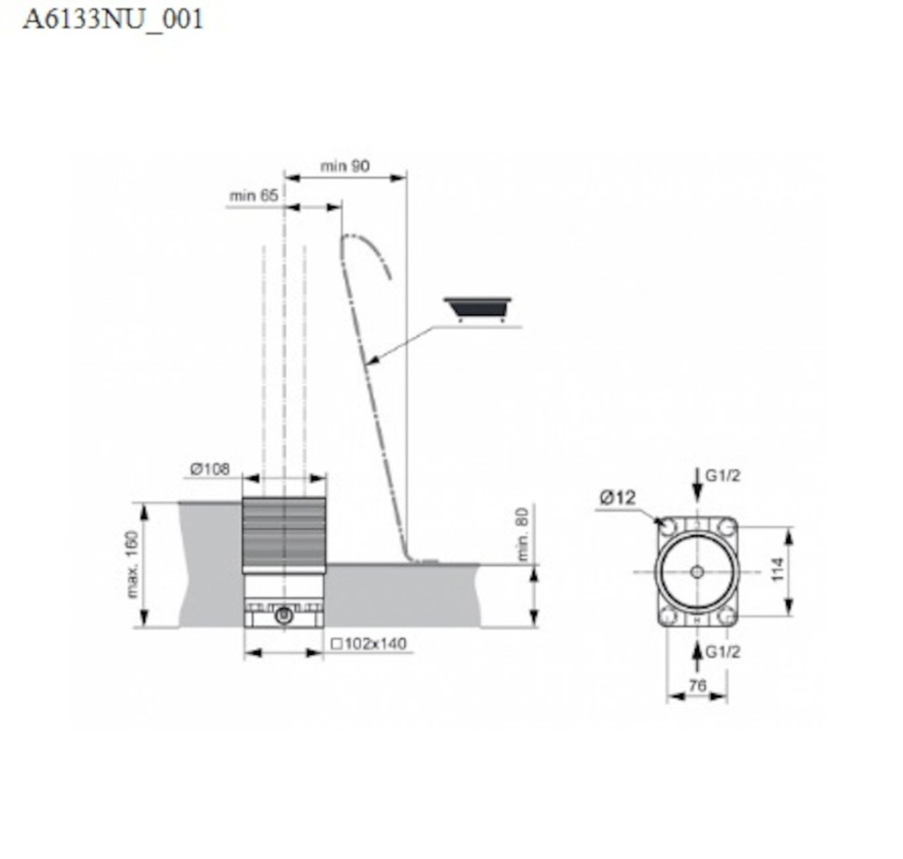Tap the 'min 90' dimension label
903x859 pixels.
coord(345,166)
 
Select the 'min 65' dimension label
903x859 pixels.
coord(253,195)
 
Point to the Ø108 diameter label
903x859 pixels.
coord(210,469)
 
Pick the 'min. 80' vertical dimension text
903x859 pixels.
coord(522,534)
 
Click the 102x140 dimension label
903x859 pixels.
coord(369,643)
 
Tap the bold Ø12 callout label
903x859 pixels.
coord(617,497)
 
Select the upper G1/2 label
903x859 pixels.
coord(723,476)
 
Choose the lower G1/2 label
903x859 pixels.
coord(723,652)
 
